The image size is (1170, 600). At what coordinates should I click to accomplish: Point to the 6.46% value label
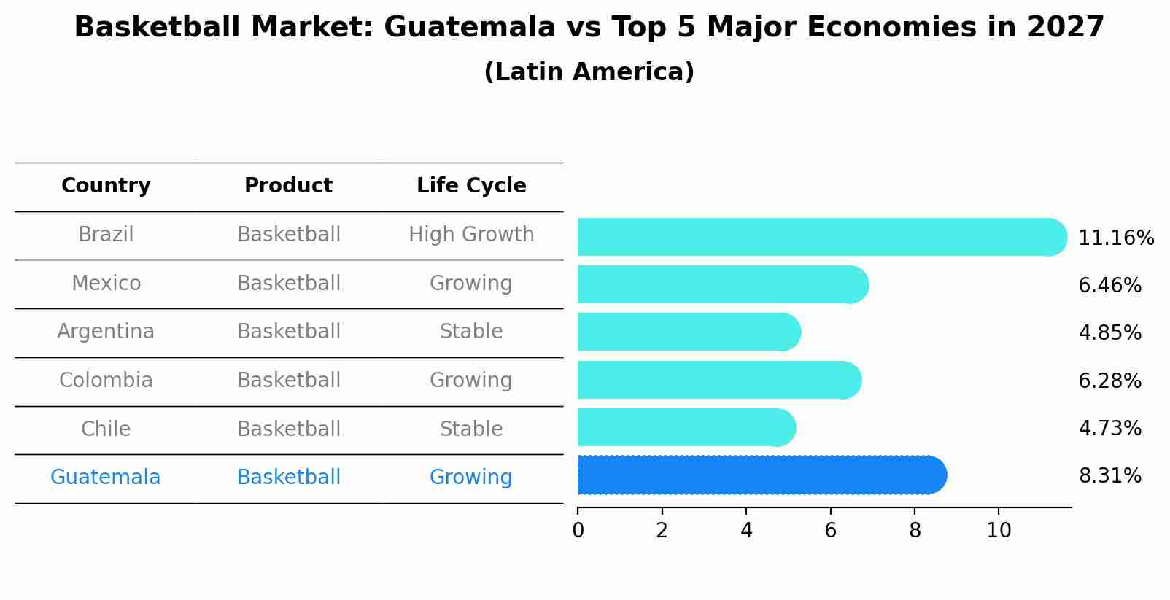(x=1109, y=285)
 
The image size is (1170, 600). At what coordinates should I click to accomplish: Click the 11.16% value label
(x=1115, y=238)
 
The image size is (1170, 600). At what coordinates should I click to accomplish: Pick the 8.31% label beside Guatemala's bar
(x=1109, y=475)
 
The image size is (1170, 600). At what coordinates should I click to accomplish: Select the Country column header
(x=106, y=186)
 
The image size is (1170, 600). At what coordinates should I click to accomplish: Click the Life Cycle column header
(x=471, y=186)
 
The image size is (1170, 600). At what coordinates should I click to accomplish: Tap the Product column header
(x=288, y=186)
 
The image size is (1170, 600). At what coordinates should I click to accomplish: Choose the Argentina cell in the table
(x=106, y=332)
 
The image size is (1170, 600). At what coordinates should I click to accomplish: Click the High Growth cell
(x=471, y=235)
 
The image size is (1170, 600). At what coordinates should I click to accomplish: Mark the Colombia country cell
(x=106, y=381)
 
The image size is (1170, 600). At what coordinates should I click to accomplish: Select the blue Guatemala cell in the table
(x=106, y=478)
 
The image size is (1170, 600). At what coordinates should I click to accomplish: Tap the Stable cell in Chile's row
(x=471, y=429)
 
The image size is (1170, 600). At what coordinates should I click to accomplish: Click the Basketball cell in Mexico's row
(x=288, y=283)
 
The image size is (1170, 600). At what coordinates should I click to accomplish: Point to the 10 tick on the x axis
(x=999, y=531)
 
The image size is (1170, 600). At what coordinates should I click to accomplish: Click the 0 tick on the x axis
(x=578, y=531)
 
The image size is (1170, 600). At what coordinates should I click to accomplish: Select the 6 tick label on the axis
(x=830, y=531)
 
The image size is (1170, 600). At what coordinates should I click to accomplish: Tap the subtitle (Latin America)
(x=589, y=72)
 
